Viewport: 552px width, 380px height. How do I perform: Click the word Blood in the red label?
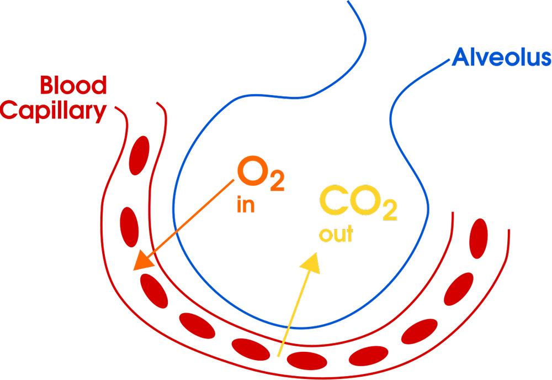tap(73, 86)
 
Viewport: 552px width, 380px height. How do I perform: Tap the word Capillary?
tap(54, 111)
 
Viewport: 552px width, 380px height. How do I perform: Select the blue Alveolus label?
tap(501, 57)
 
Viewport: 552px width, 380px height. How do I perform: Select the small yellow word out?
tap(336, 234)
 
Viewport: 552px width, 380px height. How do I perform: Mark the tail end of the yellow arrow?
tap(280, 356)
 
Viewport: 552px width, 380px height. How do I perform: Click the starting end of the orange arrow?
tap(235, 179)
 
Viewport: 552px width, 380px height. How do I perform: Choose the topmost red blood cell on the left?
tap(139, 156)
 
